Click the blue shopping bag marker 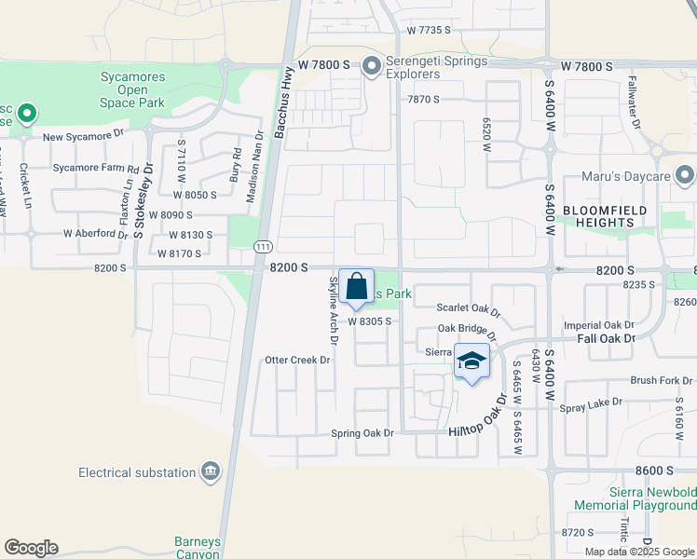pos(356,287)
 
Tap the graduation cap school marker pos(471,361)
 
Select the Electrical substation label pos(137,472)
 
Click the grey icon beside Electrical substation pos(211,472)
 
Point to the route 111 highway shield pos(264,244)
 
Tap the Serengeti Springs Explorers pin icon pos(371,65)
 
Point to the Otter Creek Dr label pos(298,360)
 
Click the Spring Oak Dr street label pos(363,433)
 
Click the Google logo pos(31,548)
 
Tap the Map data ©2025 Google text pos(639,552)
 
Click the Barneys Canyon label pos(197,548)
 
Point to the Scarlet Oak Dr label pos(469,307)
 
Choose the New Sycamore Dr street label pos(83,136)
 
